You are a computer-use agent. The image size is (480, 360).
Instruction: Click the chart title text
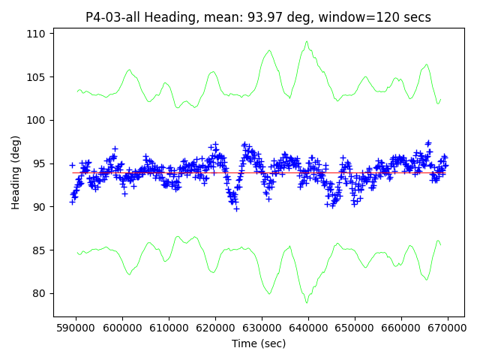[258, 17]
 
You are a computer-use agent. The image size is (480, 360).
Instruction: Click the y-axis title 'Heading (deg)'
[16, 172]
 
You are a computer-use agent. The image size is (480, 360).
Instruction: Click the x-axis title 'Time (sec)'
[258, 343]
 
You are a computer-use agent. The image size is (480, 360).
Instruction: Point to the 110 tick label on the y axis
[37, 34]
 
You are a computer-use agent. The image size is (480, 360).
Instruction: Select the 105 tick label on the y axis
[37, 76]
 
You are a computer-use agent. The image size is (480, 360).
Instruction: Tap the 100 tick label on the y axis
[37, 120]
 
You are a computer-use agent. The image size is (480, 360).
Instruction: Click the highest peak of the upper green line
[307, 42]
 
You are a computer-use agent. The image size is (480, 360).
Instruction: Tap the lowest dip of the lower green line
[307, 302]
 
